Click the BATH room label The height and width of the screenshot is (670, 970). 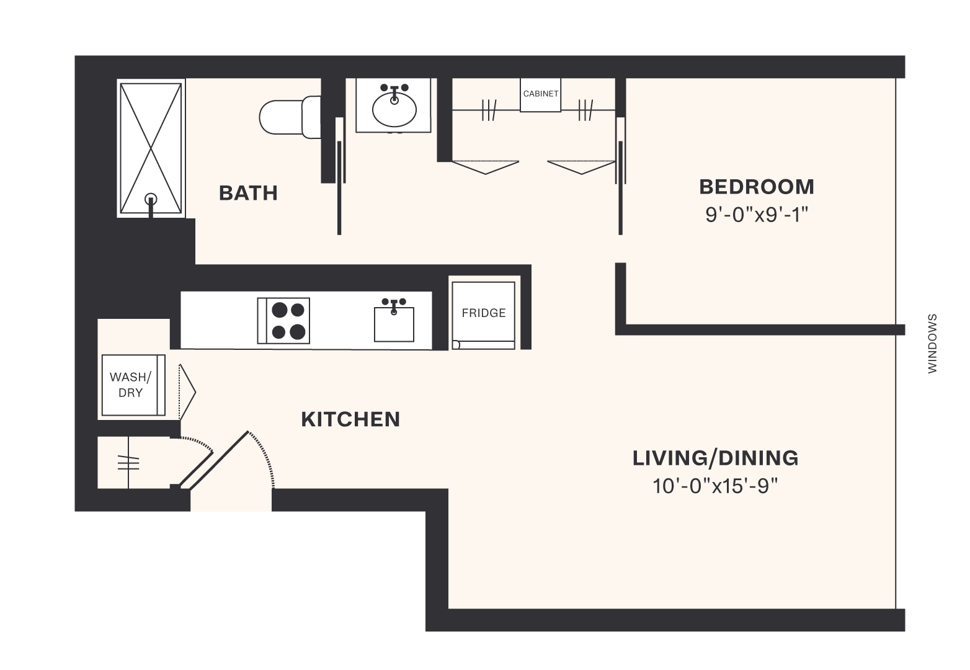click(248, 193)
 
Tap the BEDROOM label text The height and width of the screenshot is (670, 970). click(756, 187)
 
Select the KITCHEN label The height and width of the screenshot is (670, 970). click(350, 419)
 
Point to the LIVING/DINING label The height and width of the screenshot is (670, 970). click(715, 458)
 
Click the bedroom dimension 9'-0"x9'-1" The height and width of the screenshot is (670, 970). click(756, 215)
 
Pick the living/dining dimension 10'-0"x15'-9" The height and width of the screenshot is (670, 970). click(715, 486)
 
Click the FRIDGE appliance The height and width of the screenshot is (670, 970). click(483, 313)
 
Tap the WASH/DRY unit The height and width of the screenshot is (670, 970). click(131, 385)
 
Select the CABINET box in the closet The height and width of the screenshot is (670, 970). click(540, 94)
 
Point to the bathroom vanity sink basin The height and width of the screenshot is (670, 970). click(394, 110)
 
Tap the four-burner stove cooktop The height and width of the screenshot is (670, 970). click(283, 321)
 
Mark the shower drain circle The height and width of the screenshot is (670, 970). click(151, 200)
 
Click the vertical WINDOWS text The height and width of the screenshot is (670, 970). click(932, 343)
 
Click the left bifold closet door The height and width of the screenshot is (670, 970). click(485, 167)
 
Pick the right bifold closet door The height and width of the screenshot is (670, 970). click(581, 167)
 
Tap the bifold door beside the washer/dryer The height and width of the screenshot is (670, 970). click(187, 391)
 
